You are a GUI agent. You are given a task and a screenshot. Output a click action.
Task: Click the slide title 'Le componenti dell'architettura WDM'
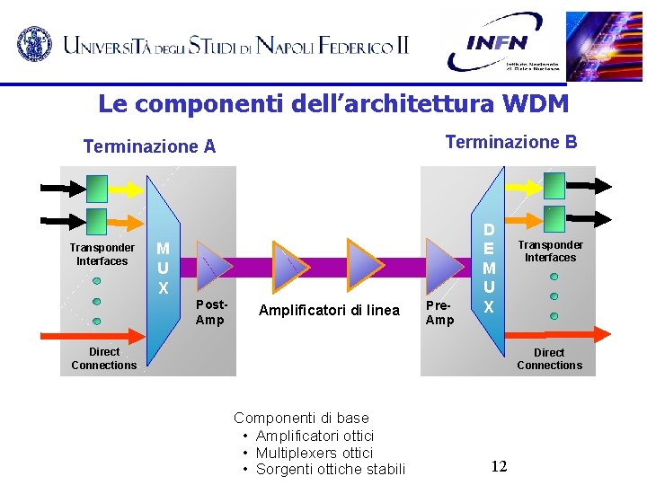tap(333, 104)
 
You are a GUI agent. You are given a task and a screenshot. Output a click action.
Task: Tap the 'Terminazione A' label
tap(149, 146)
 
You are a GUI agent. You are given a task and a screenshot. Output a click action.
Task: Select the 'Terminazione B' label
tap(511, 142)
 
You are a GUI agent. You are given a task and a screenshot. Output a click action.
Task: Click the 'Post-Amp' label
tap(210, 313)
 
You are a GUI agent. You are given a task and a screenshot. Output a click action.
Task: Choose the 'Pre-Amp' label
tap(439, 313)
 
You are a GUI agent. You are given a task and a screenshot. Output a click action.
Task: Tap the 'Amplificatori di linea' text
tap(329, 311)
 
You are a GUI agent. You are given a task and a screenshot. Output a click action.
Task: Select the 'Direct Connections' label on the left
tap(104, 358)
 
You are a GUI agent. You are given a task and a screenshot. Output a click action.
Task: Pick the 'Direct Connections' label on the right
tap(549, 358)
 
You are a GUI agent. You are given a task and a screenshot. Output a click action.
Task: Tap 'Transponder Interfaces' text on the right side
tap(550, 251)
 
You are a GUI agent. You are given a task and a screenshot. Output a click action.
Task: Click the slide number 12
tap(500, 466)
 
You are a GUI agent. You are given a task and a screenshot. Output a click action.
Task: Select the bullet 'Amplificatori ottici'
tap(315, 436)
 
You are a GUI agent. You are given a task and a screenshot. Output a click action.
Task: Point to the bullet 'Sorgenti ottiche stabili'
tap(331, 469)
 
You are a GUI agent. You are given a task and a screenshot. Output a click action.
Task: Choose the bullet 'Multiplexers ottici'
tap(314, 453)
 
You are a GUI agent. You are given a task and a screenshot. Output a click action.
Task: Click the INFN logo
tap(503, 42)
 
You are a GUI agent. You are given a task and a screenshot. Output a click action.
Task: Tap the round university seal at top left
tap(34, 43)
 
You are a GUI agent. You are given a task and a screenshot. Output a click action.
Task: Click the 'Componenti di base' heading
tap(301, 418)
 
